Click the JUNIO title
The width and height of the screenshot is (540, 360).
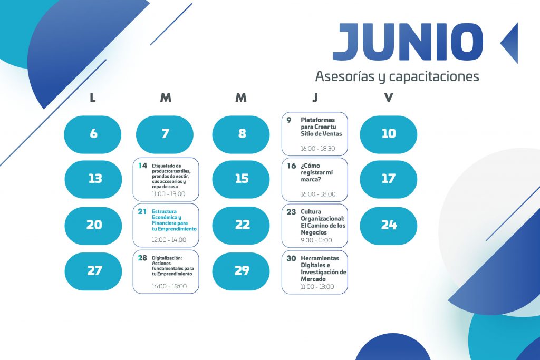point(408,42)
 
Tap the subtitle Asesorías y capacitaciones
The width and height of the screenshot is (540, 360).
point(397,76)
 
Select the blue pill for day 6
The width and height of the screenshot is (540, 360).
point(93,134)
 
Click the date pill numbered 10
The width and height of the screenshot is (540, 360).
point(389,134)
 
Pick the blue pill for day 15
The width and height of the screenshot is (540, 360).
point(240,179)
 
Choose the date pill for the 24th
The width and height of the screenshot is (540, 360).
point(389,226)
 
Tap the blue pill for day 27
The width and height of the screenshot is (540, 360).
point(93,271)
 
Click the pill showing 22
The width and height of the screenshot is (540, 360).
point(240,226)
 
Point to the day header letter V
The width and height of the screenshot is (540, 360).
point(389,98)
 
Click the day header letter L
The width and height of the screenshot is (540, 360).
point(93,98)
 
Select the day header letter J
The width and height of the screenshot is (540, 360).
point(315,98)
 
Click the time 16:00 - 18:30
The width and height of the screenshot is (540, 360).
point(317,149)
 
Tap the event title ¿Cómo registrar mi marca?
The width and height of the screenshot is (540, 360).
point(317,172)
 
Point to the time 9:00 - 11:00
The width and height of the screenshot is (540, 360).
point(316,240)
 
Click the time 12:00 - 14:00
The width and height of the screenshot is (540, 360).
point(169,240)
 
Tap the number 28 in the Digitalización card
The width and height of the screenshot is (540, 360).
point(142,258)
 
